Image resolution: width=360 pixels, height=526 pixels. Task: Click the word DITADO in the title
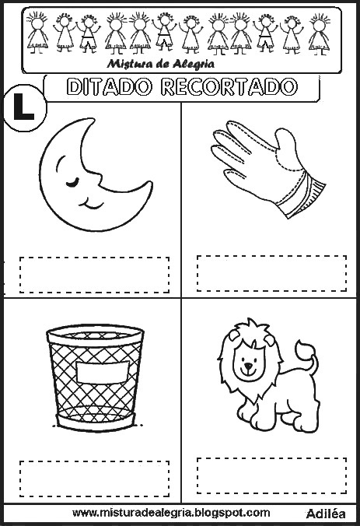click(110, 87)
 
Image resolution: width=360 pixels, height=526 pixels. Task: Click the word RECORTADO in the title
click(229, 87)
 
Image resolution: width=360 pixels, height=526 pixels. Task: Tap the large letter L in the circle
click(24, 107)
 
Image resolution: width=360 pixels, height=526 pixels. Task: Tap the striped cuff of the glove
click(302, 195)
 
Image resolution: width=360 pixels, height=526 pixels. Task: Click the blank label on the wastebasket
click(102, 372)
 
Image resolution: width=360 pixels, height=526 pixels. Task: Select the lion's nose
click(248, 365)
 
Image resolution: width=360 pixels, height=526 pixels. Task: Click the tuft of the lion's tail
click(304, 349)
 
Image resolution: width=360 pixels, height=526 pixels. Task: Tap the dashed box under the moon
click(94, 275)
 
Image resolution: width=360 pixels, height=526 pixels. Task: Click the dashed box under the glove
click(271, 273)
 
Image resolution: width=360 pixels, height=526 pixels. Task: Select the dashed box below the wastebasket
click(94, 479)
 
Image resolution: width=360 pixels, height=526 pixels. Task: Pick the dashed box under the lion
click(271, 475)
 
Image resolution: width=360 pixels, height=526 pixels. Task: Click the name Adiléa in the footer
click(326, 514)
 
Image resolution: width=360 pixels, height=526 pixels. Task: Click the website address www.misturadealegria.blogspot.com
click(171, 513)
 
